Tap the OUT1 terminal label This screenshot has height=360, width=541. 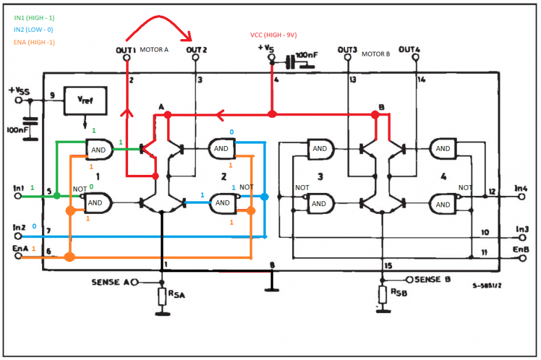[126, 50]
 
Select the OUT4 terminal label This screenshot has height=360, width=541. [409, 49]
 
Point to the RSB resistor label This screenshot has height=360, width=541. [400, 293]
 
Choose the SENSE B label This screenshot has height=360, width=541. [433, 279]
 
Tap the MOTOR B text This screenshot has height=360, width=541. [376, 54]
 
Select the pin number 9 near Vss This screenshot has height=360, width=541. [52, 95]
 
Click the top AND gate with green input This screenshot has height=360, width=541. [100, 149]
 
